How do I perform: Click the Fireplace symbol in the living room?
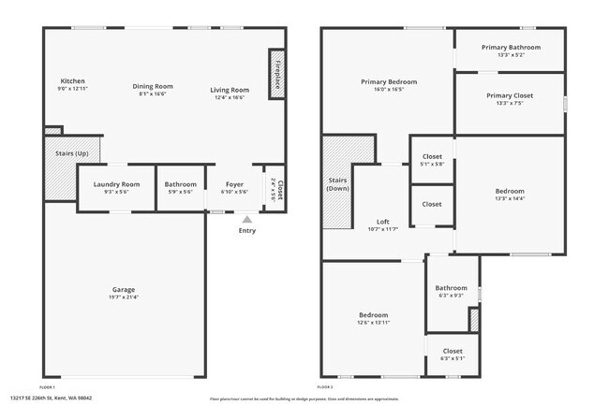coord(277,73)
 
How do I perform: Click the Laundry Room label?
coord(116,184)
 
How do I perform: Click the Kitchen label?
coord(72,81)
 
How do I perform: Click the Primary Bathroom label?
coord(510,47)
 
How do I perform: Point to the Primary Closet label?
coord(510,95)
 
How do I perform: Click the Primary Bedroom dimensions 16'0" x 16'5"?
coord(389,91)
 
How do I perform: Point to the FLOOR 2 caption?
coord(325,386)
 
